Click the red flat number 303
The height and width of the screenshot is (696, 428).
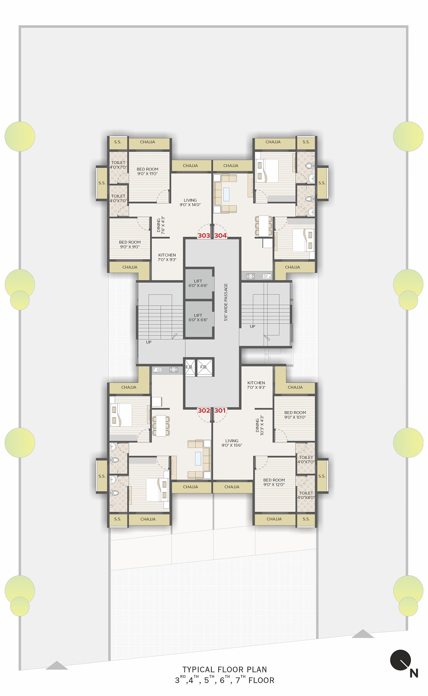[x=204, y=236]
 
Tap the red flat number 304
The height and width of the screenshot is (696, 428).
[x=220, y=236]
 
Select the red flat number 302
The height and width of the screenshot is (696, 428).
[x=204, y=410]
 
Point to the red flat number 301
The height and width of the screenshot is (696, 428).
[x=220, y=410]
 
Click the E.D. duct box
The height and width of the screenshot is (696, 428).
[x=190, y=367]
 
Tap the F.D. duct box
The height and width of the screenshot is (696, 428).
[x=205, y=367]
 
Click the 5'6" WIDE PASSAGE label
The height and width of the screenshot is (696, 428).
[x=226, y=302]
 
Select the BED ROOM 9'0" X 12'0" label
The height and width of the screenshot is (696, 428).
[x=274, y=482]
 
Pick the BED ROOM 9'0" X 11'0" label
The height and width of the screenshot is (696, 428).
[x=148, y=171]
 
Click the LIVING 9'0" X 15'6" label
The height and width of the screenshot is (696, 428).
[x=232, y=443]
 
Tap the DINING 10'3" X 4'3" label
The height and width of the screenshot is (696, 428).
[x=259, y=425]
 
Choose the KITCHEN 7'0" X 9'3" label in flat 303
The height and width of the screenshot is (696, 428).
[x=167, y=257]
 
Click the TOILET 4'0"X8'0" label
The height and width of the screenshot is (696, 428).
[x=306, y=495]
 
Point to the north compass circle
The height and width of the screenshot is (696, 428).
[x=401, y=660]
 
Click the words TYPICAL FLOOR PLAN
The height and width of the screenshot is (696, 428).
[x=225, y=669]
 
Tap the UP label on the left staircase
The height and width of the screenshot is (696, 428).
[x=149, y=342]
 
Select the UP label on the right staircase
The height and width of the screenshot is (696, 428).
[x=253, y=326]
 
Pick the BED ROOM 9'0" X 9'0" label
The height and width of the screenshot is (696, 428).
[x=130, y=245]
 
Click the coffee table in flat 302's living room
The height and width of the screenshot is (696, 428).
[x=198, y=458]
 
